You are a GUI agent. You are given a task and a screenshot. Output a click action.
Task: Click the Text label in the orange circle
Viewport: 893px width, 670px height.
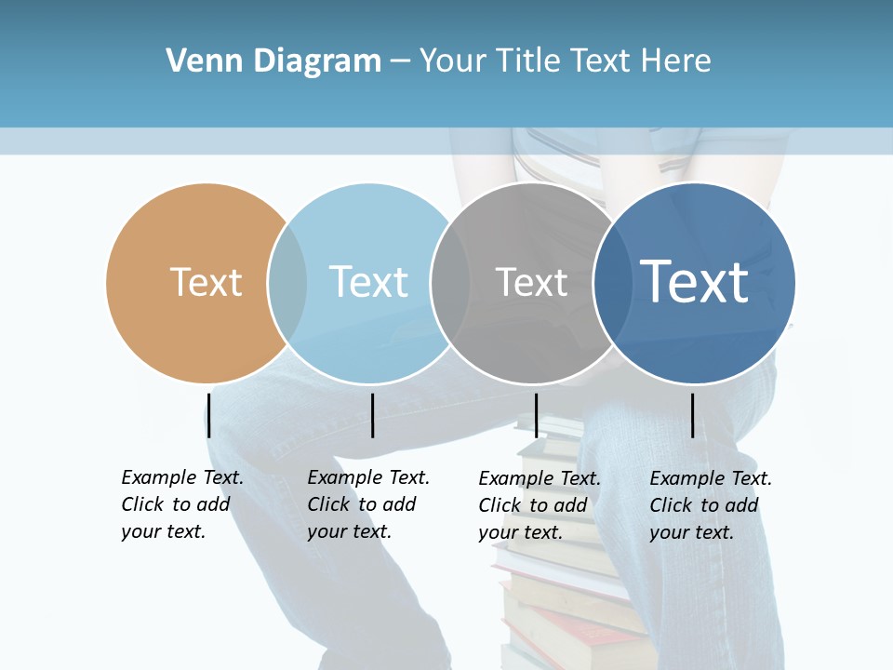(x=206, y=282)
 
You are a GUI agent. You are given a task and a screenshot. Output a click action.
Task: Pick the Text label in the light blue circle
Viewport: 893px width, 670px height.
(x=368, y=282)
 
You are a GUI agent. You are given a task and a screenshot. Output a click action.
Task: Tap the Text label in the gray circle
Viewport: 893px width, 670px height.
(x=531, y=282)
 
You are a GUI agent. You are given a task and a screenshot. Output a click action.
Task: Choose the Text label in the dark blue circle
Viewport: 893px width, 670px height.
(x=694, y=281)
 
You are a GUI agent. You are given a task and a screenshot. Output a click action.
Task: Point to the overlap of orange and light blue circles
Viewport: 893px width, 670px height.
(x=287, y=283)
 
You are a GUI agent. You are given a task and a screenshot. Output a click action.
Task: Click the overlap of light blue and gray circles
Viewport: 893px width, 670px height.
(x=450, y=283)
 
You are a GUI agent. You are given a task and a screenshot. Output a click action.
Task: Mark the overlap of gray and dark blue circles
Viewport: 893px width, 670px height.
(x=610, y=283)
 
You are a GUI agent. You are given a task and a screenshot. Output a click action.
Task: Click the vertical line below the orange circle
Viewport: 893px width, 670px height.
(x=209, y=415)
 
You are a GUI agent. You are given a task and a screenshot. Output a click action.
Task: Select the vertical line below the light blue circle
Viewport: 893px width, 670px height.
(x=372, y=415)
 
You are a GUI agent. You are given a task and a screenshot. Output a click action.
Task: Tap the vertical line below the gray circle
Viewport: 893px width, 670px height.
(x=536, y=415)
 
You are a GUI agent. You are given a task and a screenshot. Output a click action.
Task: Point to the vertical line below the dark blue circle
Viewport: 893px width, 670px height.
(x=692, y=415)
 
